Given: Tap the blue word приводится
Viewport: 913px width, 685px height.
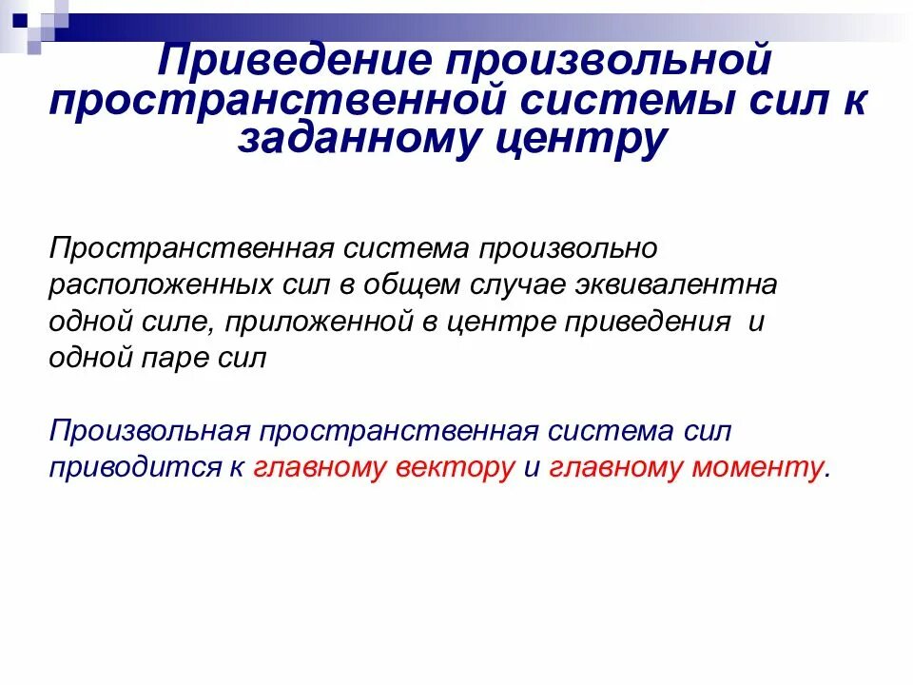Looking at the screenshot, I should pyautogui.click(x=130, y=468).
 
